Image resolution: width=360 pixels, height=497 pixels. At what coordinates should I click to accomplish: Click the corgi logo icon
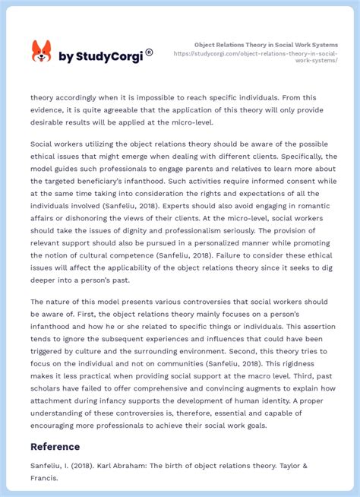[41, 52]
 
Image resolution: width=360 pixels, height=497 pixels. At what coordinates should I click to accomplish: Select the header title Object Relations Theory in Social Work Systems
[266, 45]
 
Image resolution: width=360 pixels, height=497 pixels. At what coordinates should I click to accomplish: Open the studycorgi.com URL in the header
[266, 57]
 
